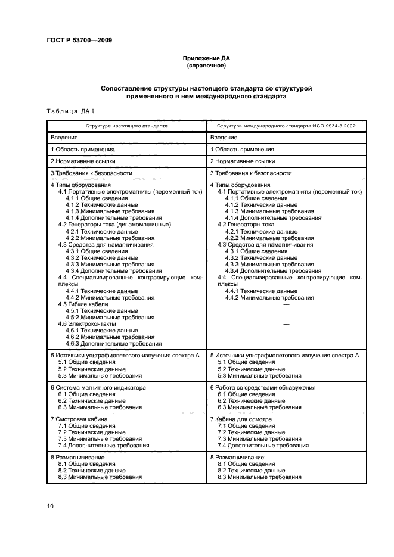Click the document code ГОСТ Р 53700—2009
pos(79,41)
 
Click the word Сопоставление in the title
pos(129,88)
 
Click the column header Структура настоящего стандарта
pos(126,126)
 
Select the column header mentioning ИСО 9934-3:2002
pos(286,126)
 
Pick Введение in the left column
pos(63,138)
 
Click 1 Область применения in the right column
pos(242,150)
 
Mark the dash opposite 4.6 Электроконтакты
pos(286,323)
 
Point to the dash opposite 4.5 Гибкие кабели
pos(286,304)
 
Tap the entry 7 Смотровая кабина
pos(79,419)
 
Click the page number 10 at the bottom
pos(51,506)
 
